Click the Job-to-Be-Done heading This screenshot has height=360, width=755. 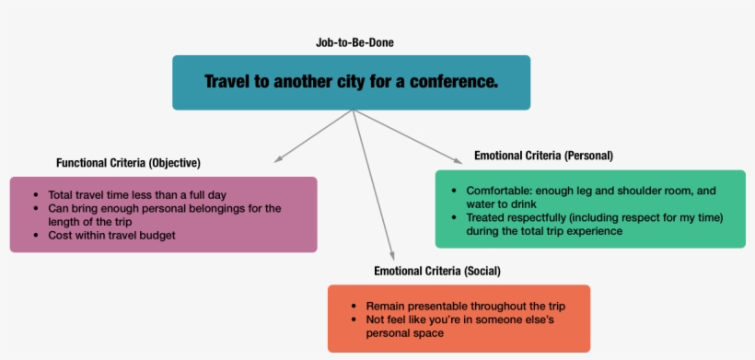pos(355,42)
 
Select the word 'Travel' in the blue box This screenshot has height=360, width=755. pos(227,82)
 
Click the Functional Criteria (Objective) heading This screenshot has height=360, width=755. pos(128,162)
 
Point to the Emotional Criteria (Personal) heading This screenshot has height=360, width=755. pos(542,155)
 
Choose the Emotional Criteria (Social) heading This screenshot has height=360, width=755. pos(437,271)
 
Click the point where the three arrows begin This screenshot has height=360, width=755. pos(354,111)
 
